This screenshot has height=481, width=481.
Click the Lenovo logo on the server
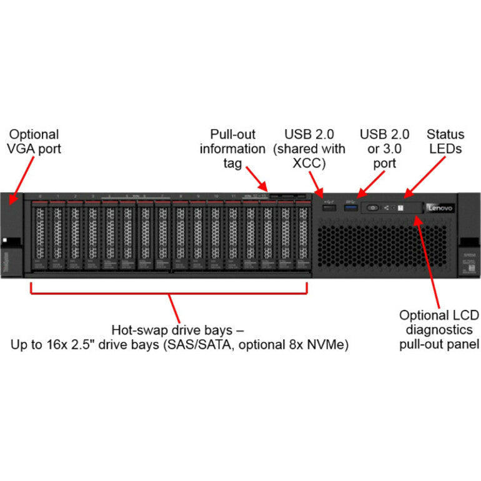440,207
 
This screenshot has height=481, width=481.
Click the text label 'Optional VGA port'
34,142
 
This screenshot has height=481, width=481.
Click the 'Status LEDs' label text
445,142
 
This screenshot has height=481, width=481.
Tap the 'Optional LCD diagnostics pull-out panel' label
439,329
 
